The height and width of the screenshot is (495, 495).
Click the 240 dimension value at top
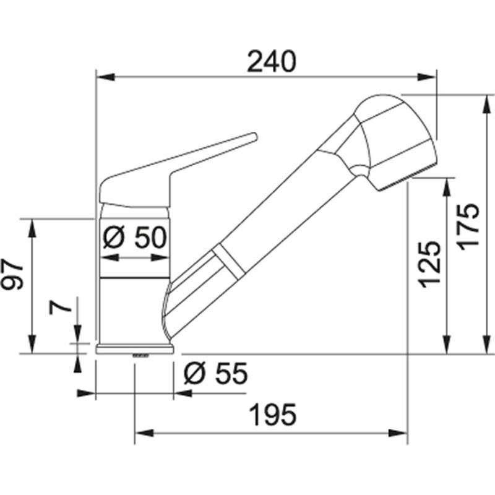click(x=270, y=61)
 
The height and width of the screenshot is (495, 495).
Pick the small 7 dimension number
click(x=59, y=308)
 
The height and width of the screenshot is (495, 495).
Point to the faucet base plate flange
click(x=135, y=349)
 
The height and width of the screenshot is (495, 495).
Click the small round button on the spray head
click(x=357, y=171)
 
